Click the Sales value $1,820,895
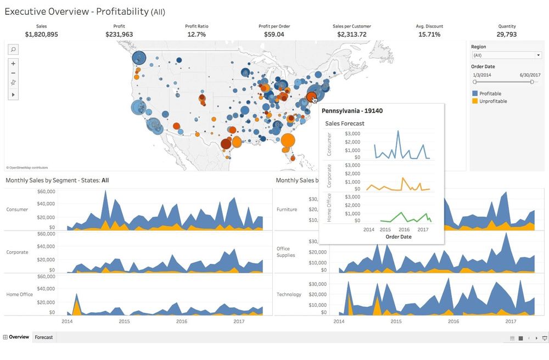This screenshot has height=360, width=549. tap(42, 35)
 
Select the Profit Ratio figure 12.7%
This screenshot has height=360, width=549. tap(197, 35)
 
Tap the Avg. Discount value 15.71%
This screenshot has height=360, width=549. tap(429, 35)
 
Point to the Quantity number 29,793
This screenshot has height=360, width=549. tap(507, 35)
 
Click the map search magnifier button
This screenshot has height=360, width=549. tap(14, 50)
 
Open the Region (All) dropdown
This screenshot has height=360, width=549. tap(506, 55)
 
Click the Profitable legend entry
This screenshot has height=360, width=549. tap(490, 93)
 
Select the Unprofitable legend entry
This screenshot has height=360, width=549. tap(492, 101)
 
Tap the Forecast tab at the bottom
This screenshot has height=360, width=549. tap(44, 337)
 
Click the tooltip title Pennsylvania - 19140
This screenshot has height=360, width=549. tap(352, 111)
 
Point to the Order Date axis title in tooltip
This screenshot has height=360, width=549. tap(399, 237)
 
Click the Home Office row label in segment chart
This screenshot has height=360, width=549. tap(20, 294)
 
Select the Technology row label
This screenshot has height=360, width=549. tap(289, 294)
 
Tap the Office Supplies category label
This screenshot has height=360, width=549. tap(285, 252)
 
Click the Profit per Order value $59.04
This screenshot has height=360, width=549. tap(274, 35)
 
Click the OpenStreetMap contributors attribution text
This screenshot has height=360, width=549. tap(27, 167)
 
